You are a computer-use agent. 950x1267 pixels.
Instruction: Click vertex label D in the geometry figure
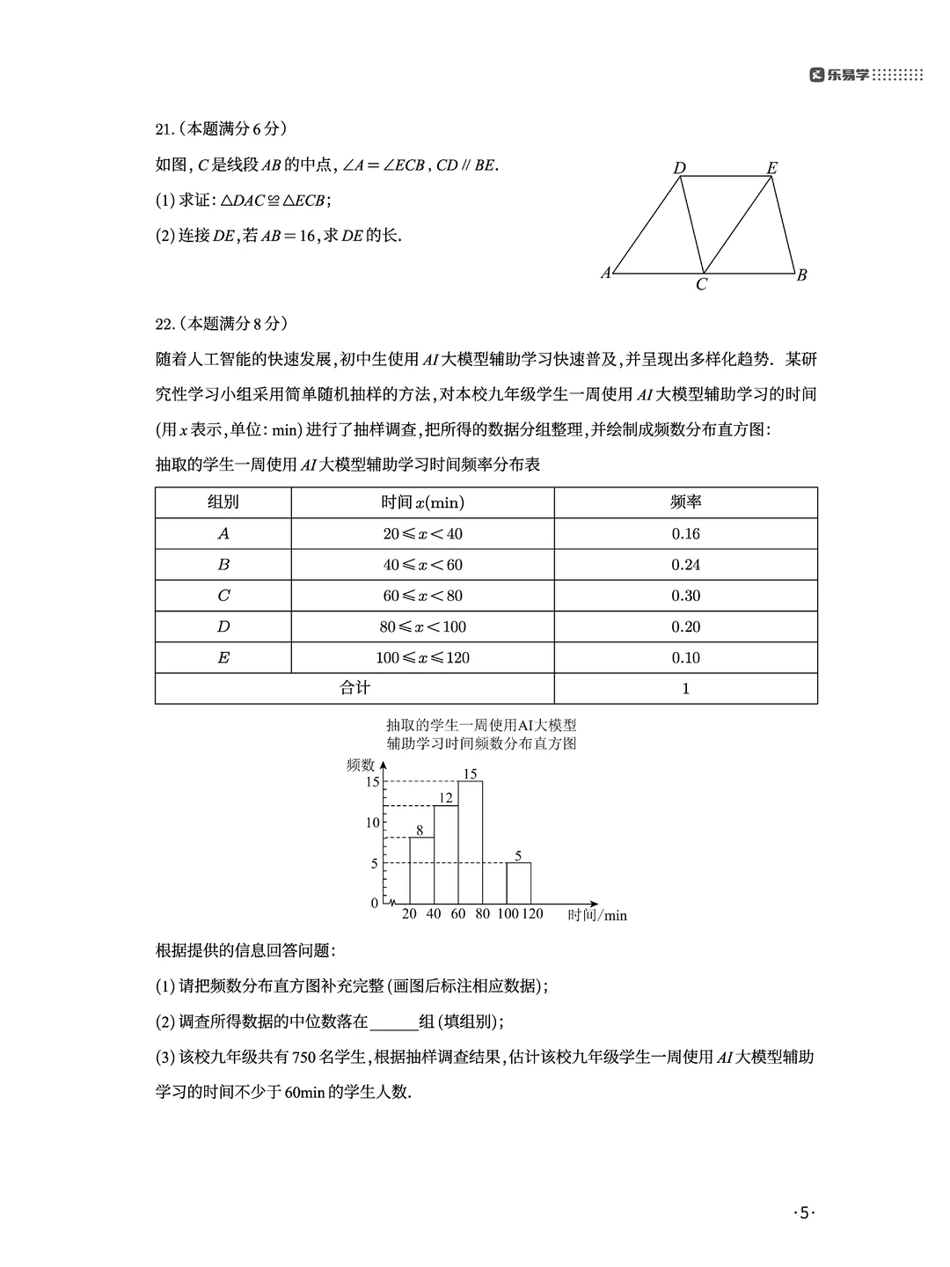(679, 168)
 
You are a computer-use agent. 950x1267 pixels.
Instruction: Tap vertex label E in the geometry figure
(771, 168)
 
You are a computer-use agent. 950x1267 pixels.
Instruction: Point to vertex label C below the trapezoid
(701, 285)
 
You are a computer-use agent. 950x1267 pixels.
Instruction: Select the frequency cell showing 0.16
(685, 534)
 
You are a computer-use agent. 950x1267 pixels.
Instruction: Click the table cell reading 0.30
(685, 596)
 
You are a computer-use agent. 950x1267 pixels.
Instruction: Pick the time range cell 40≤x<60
(422, 565)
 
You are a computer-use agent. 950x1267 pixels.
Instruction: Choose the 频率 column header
(685, 502)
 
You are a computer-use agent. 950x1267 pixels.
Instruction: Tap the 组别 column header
(223, 502)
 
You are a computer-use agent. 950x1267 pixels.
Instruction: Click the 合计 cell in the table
(354, 688)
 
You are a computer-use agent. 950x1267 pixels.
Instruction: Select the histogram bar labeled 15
(470, 841)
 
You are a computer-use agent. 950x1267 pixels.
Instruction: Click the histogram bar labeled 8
(421, 869)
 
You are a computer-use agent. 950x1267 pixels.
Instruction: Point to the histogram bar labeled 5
(518, 883)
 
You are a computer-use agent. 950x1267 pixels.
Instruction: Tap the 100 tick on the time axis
(508, 914)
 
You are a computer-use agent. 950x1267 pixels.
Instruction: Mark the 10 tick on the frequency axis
(373, 823)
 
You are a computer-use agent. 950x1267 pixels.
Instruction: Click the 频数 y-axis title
(361, 765)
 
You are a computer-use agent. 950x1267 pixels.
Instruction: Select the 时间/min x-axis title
(597, 915)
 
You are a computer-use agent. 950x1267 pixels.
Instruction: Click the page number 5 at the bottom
(804, 1213)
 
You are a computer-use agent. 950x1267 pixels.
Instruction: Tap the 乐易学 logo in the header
(840, 76)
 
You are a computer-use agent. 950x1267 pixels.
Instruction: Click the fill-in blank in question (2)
(393, 1022)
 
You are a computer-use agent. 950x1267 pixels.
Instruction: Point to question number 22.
(164, 324)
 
